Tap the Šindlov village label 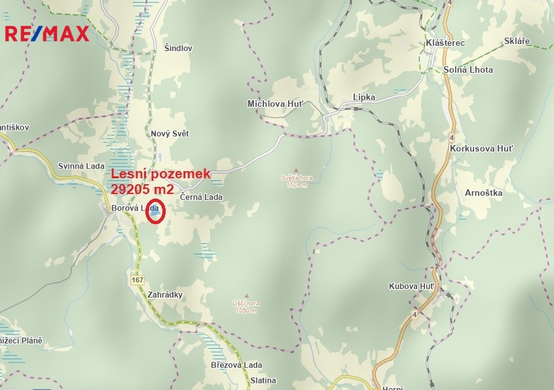click(178, 49)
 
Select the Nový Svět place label click(170, 134)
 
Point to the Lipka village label click(364, 97)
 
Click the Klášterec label click(445, 43)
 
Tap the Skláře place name click(517, 41)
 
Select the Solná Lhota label click(468, 69)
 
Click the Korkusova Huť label click(481, 149)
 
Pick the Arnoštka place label click(483, 193)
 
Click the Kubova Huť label click(412, 286)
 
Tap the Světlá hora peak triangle click(296, 170)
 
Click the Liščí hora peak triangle click(246, 296)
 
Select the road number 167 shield click(137, 280)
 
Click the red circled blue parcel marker click(155, 211)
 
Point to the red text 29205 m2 click(142, 189)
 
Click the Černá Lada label click(202, 197)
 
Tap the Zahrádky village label click(165, 295)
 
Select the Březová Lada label click(236, 365)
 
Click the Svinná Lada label click(78, 166)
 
